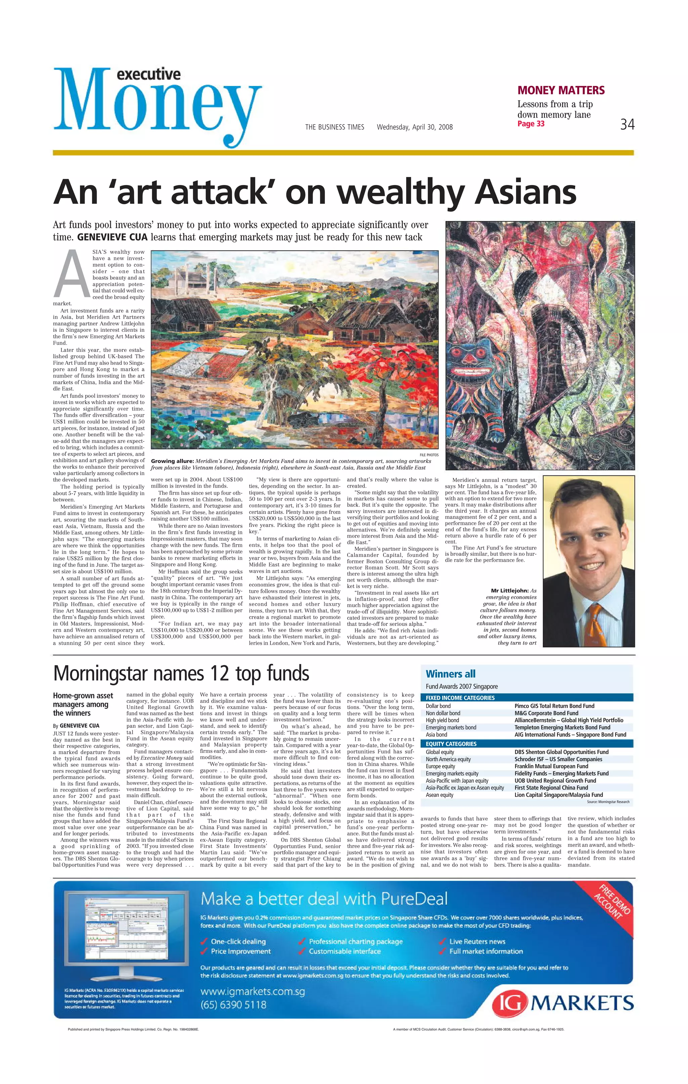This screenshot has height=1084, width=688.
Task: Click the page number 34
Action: (x=627, y=124)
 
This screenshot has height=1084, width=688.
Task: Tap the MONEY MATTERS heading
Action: (x=561, y=90)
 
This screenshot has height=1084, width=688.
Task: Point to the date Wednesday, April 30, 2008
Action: (x=414, y=127)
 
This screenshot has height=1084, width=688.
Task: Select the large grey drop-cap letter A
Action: (x=72, y=275)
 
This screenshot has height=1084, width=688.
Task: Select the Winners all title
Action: (x=450, y=674)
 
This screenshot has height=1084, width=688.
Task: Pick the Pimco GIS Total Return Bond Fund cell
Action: (x=554, y=706)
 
